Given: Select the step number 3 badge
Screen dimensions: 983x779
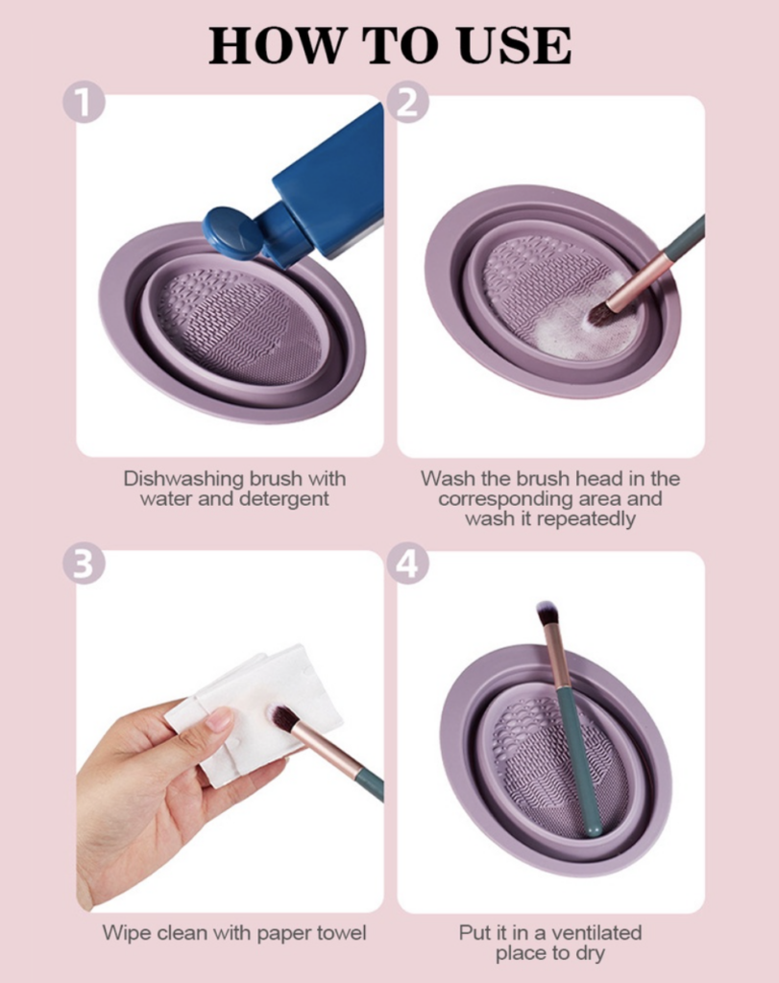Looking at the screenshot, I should coord(84,563).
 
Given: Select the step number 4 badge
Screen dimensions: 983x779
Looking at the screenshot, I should coord(407,563).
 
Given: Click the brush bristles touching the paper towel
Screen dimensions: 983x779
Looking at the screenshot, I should coord(283,718).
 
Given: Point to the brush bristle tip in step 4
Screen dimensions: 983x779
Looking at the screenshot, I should coord(548,612).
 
